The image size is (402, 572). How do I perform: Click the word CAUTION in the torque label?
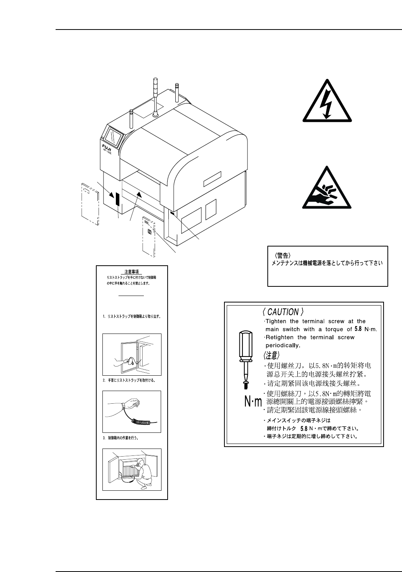coord(283,312)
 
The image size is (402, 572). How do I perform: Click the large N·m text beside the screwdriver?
coord(253,402)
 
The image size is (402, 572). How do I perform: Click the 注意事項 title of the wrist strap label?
coord(132,271)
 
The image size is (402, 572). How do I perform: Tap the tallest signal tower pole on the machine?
coord(156,96)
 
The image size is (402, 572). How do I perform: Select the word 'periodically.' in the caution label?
coord(283,345)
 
